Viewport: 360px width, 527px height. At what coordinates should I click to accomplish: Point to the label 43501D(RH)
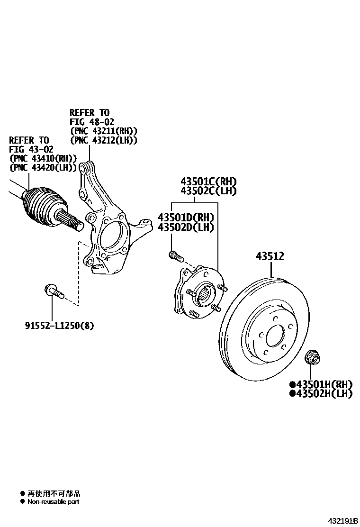click(186, 218)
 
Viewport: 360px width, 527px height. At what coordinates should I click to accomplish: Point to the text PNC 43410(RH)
click(43, 158)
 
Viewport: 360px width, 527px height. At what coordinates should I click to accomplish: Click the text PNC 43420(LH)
click(43, 167)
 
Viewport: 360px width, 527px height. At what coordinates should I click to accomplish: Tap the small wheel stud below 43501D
click(175, 256)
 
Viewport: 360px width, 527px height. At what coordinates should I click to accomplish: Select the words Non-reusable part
click(53, 501)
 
